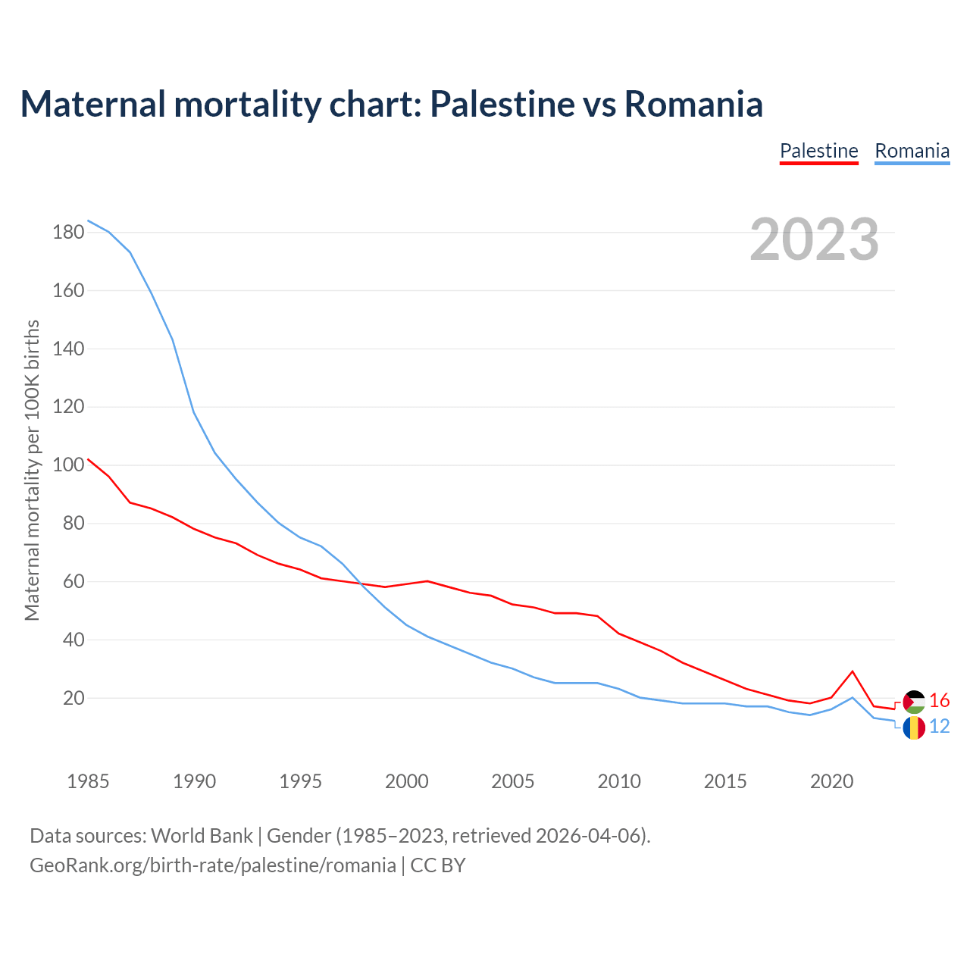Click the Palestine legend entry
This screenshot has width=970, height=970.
(x=818, y=151)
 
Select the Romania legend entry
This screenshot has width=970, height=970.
(x=912, y=151)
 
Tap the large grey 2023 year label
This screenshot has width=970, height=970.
(x=815, y=239)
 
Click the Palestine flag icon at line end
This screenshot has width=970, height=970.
(x=914, y=702)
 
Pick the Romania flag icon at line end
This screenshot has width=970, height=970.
(x=914, y=727)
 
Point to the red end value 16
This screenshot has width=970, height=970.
(x=939, y=700)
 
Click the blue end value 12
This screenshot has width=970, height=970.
(x=939, y=726)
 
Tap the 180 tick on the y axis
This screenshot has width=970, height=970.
(x=68, y=232)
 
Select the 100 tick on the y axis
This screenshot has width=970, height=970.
(x=68, y=465)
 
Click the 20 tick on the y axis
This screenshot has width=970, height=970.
(x=73, y=698)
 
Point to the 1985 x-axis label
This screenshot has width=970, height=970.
(x=88, y=781)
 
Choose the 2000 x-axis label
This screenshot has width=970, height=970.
(x=406, y=781)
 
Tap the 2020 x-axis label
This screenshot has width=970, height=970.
(x=831, y=781)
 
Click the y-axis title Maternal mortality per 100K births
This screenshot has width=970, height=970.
(x=32, y=470)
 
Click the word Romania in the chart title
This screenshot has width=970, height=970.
(x=693, y=104)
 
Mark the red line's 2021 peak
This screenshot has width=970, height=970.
(x=853, y=671)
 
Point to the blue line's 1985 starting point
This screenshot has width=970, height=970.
(x=89, y=221)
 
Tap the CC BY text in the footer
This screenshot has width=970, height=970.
(x=438, y=865)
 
